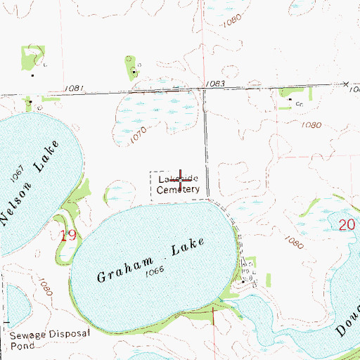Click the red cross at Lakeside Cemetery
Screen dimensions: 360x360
[x=181, y=179]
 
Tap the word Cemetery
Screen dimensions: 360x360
[x=179, y=189]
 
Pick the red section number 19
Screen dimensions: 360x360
[x=67, y=236]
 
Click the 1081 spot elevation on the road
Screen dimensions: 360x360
[x=74, y=89]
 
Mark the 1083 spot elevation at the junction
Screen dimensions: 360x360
[x=216, y=84]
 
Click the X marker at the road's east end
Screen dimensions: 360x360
[x=348, y=85]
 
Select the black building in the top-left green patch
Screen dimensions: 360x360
[x=32, y=75]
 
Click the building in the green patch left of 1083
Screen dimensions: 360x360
[x=134, y=72]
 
